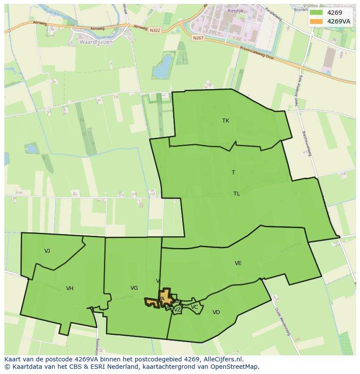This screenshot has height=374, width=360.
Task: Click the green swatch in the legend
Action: click(317, 13)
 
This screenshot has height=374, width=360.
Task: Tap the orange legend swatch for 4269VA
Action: click(317, 21)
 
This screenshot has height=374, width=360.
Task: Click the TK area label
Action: click(226, 121)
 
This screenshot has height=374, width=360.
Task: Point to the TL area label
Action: click(237, 194)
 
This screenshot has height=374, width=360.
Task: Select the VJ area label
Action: click(47, 251)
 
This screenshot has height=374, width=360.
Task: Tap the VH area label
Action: click(70, 288)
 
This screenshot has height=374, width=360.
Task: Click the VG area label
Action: click(134, 288)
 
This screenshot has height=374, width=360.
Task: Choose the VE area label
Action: click(238, 263)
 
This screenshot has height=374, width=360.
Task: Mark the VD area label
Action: click(216, 312)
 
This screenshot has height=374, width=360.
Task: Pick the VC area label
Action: click(194, 307)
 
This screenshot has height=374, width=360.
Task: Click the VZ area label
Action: click(177, 310)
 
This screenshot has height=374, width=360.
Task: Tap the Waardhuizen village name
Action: click(96, 42)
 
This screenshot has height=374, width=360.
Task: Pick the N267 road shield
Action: click(198, 38)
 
